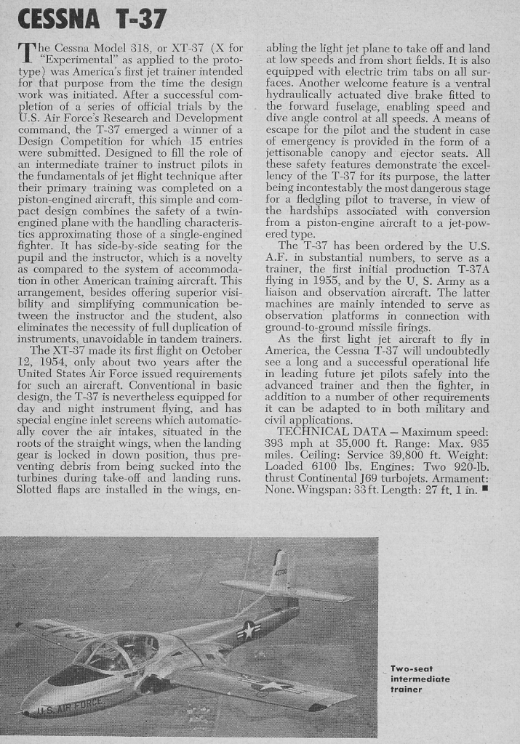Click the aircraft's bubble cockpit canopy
click(116, 653)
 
